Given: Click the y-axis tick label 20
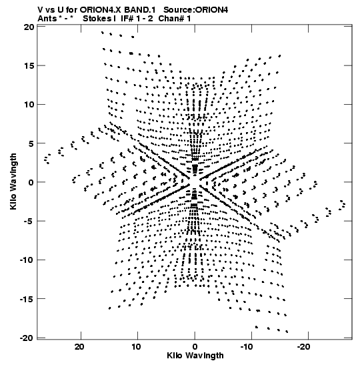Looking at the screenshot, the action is [x=29, y=27].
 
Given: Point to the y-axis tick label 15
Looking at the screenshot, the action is [x=29, y=66].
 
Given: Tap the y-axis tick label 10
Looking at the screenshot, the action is [x=29, y=105].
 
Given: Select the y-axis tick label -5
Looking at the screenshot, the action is [x=29, y=221].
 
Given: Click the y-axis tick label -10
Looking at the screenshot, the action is [x=27, y=260].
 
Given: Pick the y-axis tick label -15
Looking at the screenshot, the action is [x=27, y=299].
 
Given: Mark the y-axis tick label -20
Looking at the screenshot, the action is [x=27, y=338].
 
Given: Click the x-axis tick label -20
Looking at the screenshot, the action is [x=303, y=347].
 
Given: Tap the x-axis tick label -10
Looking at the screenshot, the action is [x=246, y=347].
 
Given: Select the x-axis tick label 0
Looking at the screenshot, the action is [x=195, y=347].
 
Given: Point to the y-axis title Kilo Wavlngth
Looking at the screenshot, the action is [x=13, y=181].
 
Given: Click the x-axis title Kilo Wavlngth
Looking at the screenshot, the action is [x=195, y=356].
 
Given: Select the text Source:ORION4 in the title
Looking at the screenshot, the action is [x=196, y=10].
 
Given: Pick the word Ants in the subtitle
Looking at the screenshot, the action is [x=47, y=19].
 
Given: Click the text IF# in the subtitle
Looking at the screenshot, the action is [x=127, y=19].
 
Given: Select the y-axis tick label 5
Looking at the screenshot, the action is [x=31, y=143].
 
